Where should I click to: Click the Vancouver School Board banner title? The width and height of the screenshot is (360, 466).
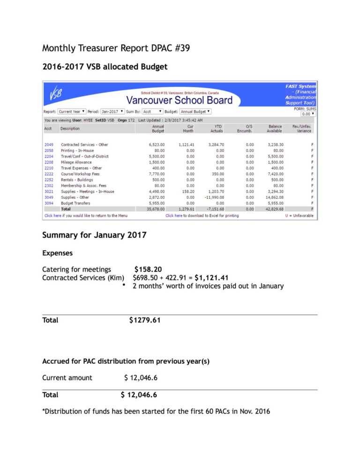click(x=180, y=100)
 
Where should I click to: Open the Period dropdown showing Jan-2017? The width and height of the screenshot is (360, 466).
click(x=112, y=112)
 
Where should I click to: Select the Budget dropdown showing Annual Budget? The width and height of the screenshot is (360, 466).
click(x=195, y=112)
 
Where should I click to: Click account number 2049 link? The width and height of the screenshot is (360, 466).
click(x=49, y=145)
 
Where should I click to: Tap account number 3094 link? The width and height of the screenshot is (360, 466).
click(x=49, y=203)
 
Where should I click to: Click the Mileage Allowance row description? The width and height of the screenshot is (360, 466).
click(x=77, y=162)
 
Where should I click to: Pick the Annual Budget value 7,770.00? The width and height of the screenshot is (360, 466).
click(x=157, y=174)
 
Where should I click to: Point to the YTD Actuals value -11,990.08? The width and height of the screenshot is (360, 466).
click(x=214, y=197)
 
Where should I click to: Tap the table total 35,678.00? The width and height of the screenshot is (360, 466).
click(x=157, y=209)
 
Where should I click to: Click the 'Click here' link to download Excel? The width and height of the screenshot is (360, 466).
click(x=173, y=216)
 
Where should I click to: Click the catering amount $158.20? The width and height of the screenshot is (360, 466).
click(x=148, y=269)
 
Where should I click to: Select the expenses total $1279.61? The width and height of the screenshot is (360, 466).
click(x=145, y=320)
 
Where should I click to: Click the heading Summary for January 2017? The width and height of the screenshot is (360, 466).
click(x=94, y=235)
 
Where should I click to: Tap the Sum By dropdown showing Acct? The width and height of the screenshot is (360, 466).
click(x=153, y=112)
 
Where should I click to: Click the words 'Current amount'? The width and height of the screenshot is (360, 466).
click(x=67, y=377)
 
